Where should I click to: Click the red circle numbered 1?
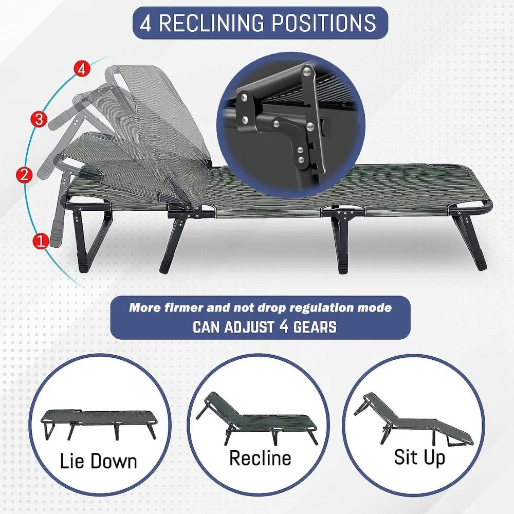tap(41, 241)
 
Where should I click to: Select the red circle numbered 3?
tap(39, 119)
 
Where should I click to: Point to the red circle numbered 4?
tap(82, 69)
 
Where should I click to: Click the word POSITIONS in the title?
tap(324, 23)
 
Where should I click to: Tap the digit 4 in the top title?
tap(145, 23)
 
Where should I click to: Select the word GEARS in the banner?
tap(315, 327)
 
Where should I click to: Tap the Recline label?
tap(260, 457)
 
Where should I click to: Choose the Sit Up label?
tap(419, 457)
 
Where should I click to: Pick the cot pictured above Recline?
tap(258, 419)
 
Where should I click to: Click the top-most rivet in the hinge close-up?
tap(307, 70)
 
